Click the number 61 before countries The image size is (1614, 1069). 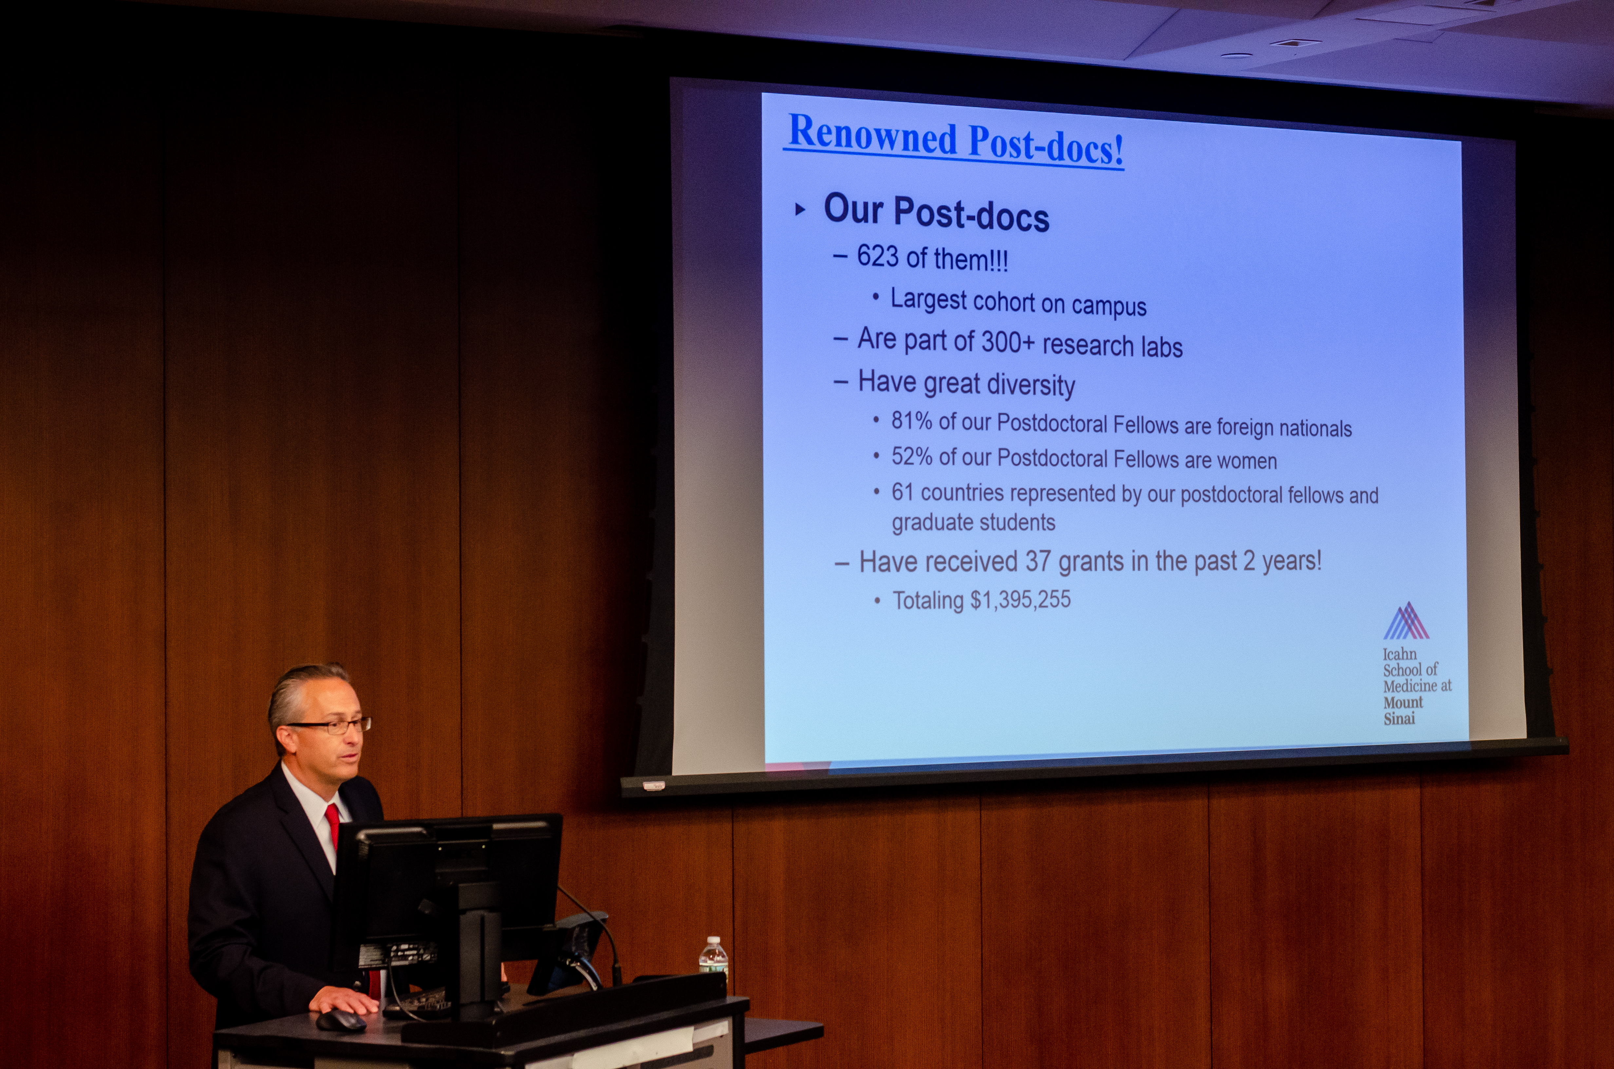click(x=902, y=492)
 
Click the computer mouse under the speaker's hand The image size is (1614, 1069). click(x=341, y=1021)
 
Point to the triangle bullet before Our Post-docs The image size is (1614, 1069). click(x=800, y=209)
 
